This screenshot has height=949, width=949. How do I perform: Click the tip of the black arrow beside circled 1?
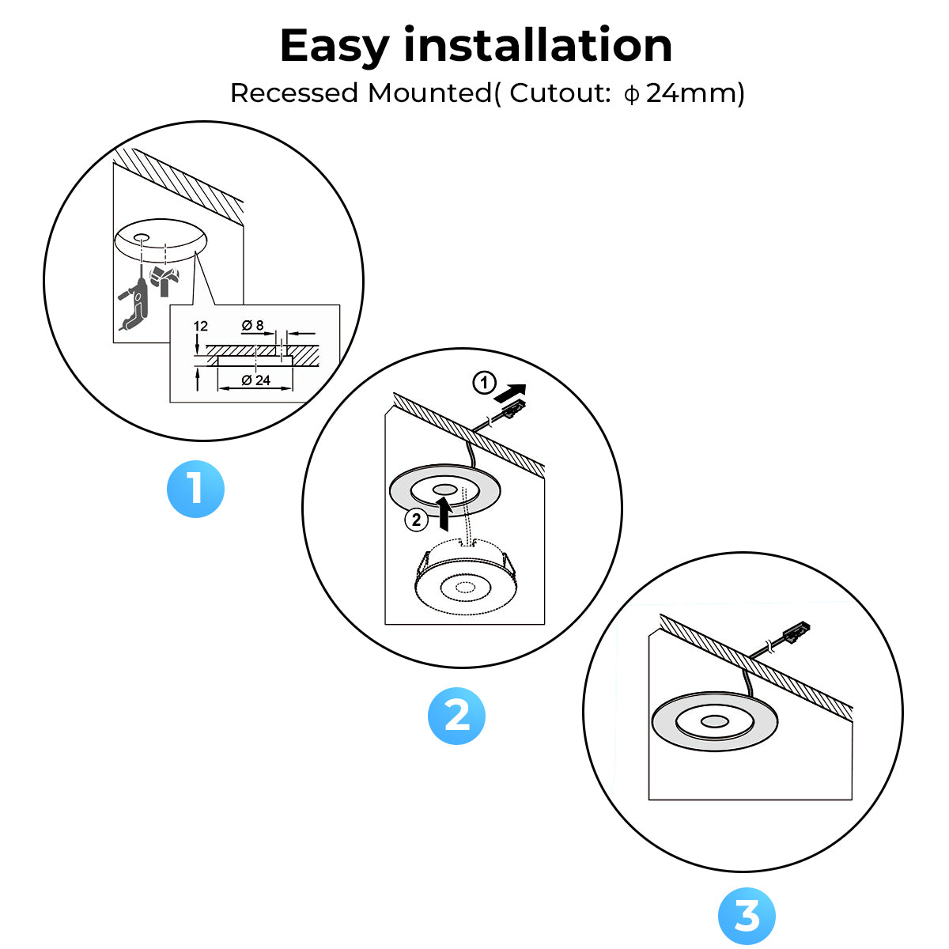(526, 386)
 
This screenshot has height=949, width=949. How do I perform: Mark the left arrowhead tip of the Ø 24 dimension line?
(218, 388)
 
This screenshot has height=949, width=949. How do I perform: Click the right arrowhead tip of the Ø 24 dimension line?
(292, 388)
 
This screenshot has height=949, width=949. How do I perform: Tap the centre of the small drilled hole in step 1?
(140, 236)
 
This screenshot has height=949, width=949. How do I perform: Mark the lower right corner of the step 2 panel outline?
(544, 624)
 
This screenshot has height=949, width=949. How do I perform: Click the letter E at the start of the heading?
(297, 45)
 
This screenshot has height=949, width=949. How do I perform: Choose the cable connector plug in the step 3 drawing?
(796, 633)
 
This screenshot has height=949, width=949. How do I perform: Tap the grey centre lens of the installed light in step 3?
(715, 721)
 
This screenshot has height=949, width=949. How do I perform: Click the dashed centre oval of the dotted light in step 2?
(464, 587)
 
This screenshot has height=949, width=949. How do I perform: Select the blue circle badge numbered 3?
(747, 916)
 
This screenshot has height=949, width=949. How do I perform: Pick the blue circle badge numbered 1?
(195, 489)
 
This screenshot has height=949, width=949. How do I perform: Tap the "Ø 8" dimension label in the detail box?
(252, 325)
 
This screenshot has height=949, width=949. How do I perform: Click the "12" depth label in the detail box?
(200, 326)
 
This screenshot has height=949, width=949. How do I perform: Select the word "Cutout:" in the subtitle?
(560, 93)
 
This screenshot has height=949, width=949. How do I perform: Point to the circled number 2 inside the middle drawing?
(416, 520)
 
